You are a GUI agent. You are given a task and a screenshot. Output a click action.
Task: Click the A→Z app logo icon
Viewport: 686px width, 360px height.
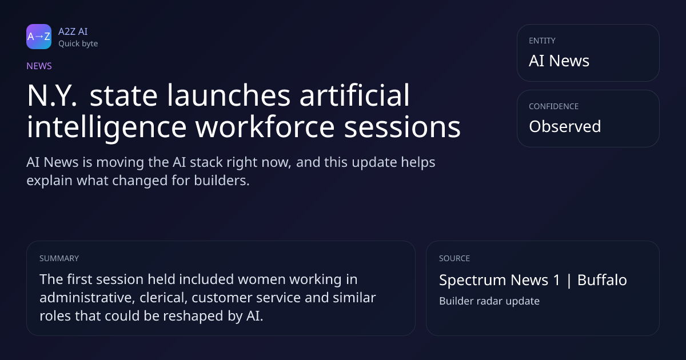coord(39,37)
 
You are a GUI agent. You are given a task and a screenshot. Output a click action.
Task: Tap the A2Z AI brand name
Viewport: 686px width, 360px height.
coord(73,31)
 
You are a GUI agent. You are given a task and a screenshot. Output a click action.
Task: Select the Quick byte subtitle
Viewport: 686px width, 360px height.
coord(78,43)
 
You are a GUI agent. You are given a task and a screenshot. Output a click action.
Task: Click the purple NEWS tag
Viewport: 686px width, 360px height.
coord(39,66)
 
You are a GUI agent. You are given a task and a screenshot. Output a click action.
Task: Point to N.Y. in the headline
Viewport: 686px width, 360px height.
coord(52,95)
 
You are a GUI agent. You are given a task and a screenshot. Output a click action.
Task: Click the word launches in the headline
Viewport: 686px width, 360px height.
coord(229,95)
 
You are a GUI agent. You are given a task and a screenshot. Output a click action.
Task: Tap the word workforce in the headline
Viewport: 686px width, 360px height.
coord(265,126)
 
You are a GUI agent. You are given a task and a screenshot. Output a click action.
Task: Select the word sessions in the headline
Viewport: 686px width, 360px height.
coord(402,127)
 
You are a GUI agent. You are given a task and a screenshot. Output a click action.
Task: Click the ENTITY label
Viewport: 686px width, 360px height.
coord(542,41)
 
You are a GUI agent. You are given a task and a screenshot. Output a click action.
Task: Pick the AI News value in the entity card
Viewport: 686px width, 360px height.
coord(559,61)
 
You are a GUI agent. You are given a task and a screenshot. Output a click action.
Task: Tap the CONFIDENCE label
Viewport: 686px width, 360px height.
coord(554,106)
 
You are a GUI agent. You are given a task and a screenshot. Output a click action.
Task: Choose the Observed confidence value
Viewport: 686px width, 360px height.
coord(565,126)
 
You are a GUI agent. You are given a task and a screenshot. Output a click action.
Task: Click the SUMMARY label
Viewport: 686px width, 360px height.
coord(59,258)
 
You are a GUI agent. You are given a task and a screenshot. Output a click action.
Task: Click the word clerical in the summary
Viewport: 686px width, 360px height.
coord(163,298)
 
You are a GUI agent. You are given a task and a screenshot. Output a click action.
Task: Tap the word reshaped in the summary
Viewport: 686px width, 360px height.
coord(193,316)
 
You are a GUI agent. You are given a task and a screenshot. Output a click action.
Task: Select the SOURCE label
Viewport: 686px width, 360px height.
coord(454,258)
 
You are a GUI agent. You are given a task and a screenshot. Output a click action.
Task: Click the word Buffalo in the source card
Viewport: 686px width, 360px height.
coord(602,280)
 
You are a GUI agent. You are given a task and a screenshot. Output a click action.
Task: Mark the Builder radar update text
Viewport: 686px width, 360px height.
coord(489,301)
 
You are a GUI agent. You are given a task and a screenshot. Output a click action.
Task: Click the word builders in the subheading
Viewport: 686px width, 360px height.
coord(222,181)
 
